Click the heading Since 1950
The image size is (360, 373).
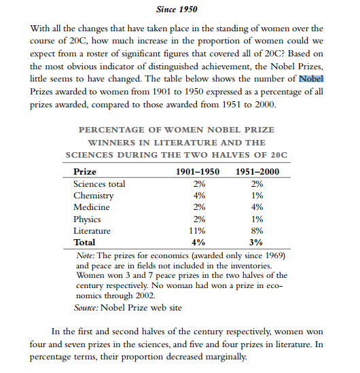pyautogui.click(x=179, y=10)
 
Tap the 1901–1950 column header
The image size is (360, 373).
pyautogui.click(x=198, y=172)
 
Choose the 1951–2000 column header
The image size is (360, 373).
pyautogui.click(x=257, y=172)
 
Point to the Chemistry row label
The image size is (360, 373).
pyautogui.click(x=94, y=196)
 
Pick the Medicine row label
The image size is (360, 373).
pyautogui.click(x=92, y=207)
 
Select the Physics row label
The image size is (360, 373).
pyautogui.click(x=87, y=219)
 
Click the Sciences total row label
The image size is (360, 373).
pyautogui.click(x=99, y=184)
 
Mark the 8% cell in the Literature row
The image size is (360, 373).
pyautogui.click(x=257, y=230)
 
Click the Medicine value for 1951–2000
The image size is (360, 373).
pyautogui.click(x=257, y=207)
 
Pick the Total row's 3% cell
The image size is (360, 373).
pyautogui.click(x=257, y=242)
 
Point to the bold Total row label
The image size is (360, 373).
pyautogui.click(x=84, y=242)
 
